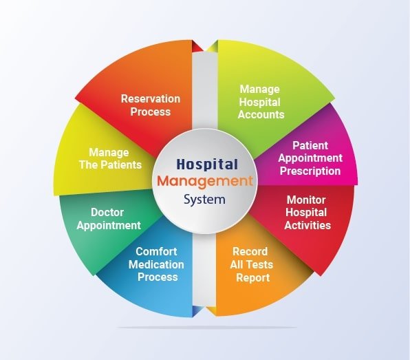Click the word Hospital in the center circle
tap(206, 165)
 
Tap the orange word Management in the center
tap(205, 182)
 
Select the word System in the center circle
tap(205, 200)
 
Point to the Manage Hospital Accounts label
tap(261, 102)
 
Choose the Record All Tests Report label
tap(249, 265)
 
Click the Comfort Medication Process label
tap(157, 264)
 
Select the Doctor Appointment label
tap(108, 219)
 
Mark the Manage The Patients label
tap(115, 158)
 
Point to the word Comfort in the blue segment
tap(156, 252)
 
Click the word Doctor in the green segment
tap(108, 213)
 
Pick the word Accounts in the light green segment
tap(261, 114)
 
